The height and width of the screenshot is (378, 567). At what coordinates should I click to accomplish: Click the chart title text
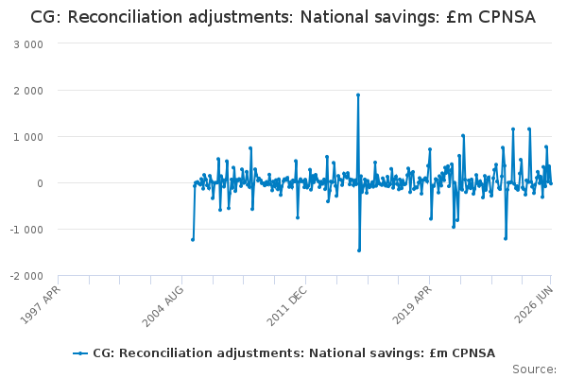point(283,17)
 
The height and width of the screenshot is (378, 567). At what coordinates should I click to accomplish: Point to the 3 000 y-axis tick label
point(28,44)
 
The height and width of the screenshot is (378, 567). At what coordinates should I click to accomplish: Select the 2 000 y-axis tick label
point(28,91)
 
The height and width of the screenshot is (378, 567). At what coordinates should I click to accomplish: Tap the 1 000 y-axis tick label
point(28,137)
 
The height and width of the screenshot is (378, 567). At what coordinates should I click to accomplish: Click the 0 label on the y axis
point(40,183)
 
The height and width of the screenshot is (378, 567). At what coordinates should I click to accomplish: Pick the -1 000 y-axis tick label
point(26,230)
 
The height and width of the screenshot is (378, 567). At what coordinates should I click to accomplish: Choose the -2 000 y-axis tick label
point(26,276)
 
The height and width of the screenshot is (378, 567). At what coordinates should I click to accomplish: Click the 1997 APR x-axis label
point(40,304)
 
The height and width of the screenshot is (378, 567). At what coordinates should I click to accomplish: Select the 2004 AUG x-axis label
point(163,306)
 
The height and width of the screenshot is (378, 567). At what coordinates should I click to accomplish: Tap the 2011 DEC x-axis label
point(287,306)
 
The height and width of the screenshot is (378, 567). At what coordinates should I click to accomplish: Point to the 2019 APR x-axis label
point(412,305)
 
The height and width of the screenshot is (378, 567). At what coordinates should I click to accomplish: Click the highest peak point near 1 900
point(358,95)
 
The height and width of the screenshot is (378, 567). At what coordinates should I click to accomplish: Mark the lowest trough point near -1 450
point(359,250)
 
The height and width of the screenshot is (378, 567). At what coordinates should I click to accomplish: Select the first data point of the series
point(193,240)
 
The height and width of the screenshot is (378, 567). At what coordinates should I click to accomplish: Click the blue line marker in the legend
point(80,353)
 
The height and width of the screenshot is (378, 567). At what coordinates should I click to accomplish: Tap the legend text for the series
point(294,353)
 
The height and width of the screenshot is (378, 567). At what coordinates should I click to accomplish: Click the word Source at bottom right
point(534,369)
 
